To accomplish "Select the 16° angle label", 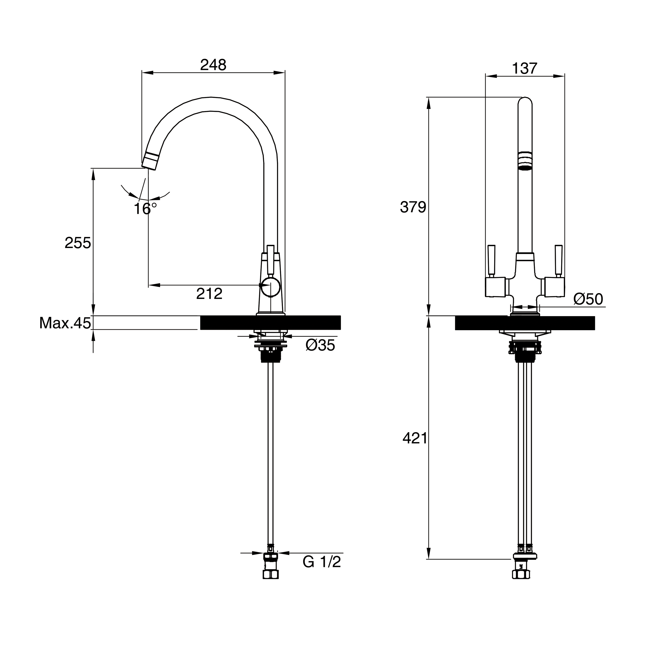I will coord(145,209).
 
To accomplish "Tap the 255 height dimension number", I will coord(78,243).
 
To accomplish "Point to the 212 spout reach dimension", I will coord(209,294).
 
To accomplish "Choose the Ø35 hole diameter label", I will coord(320,345).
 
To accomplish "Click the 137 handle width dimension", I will coord(524,69).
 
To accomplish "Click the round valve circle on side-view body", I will coord(270,287).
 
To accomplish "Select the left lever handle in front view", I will coord(491,260).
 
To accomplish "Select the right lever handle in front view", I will coord(559,260).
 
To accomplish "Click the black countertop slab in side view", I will coord(270,323).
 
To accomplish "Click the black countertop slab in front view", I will coord(525,323).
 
